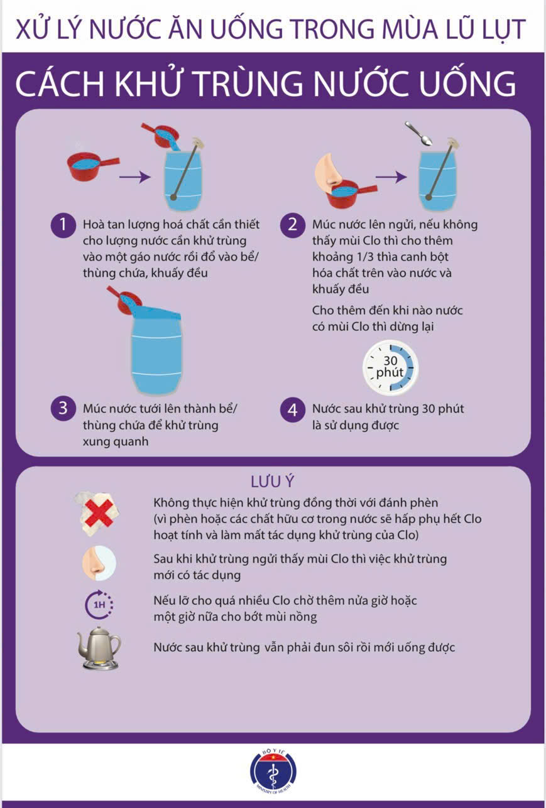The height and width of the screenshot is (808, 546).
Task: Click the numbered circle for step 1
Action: pos(63,225)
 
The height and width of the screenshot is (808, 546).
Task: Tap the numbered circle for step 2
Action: pos(293,225)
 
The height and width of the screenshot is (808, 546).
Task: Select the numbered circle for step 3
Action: pos(63,408)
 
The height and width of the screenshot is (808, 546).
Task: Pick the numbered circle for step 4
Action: pos(293,410)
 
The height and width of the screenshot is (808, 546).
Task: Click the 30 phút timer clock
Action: pos(390,367)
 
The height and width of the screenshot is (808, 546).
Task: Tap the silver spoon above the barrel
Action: pos(419,134)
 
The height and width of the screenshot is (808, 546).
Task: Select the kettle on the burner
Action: pos(99,648)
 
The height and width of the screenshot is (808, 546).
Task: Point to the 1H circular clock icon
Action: pos(99,605)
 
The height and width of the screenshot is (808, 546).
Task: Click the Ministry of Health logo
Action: pos(273,771)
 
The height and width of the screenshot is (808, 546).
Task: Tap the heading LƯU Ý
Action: pos(273,482)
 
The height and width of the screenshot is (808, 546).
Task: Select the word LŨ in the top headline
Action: pos(463,30)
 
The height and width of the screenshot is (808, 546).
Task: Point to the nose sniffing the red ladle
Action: pos(329,170)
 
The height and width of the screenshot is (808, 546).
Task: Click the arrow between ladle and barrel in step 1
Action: pos(134,177)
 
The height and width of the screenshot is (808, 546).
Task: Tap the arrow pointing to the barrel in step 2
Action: pos(391,177)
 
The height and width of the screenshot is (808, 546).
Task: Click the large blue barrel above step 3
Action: pos(156,350)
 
